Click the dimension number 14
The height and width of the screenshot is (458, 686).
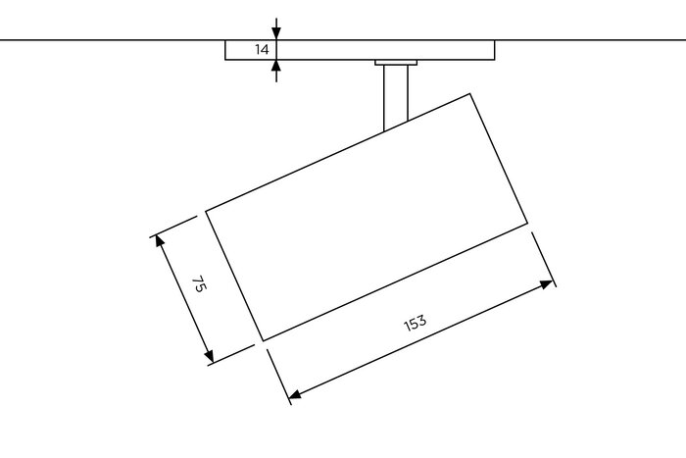click(x=262, y=49)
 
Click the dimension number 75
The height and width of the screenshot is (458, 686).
click(x=199, y=283)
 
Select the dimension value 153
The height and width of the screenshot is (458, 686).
click(x=415, y=323)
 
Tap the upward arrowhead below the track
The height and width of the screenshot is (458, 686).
click(x=276, y=66)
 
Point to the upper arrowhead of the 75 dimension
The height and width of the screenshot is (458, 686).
click(x=159, y=241)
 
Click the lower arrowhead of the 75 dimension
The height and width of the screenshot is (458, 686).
click(x=209, y=356)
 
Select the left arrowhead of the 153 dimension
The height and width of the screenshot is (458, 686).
click(x=295, y=394)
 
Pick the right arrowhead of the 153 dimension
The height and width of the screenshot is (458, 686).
click(x=547, y=284)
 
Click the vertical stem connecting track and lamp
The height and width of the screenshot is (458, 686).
click(x=396, y=97)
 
